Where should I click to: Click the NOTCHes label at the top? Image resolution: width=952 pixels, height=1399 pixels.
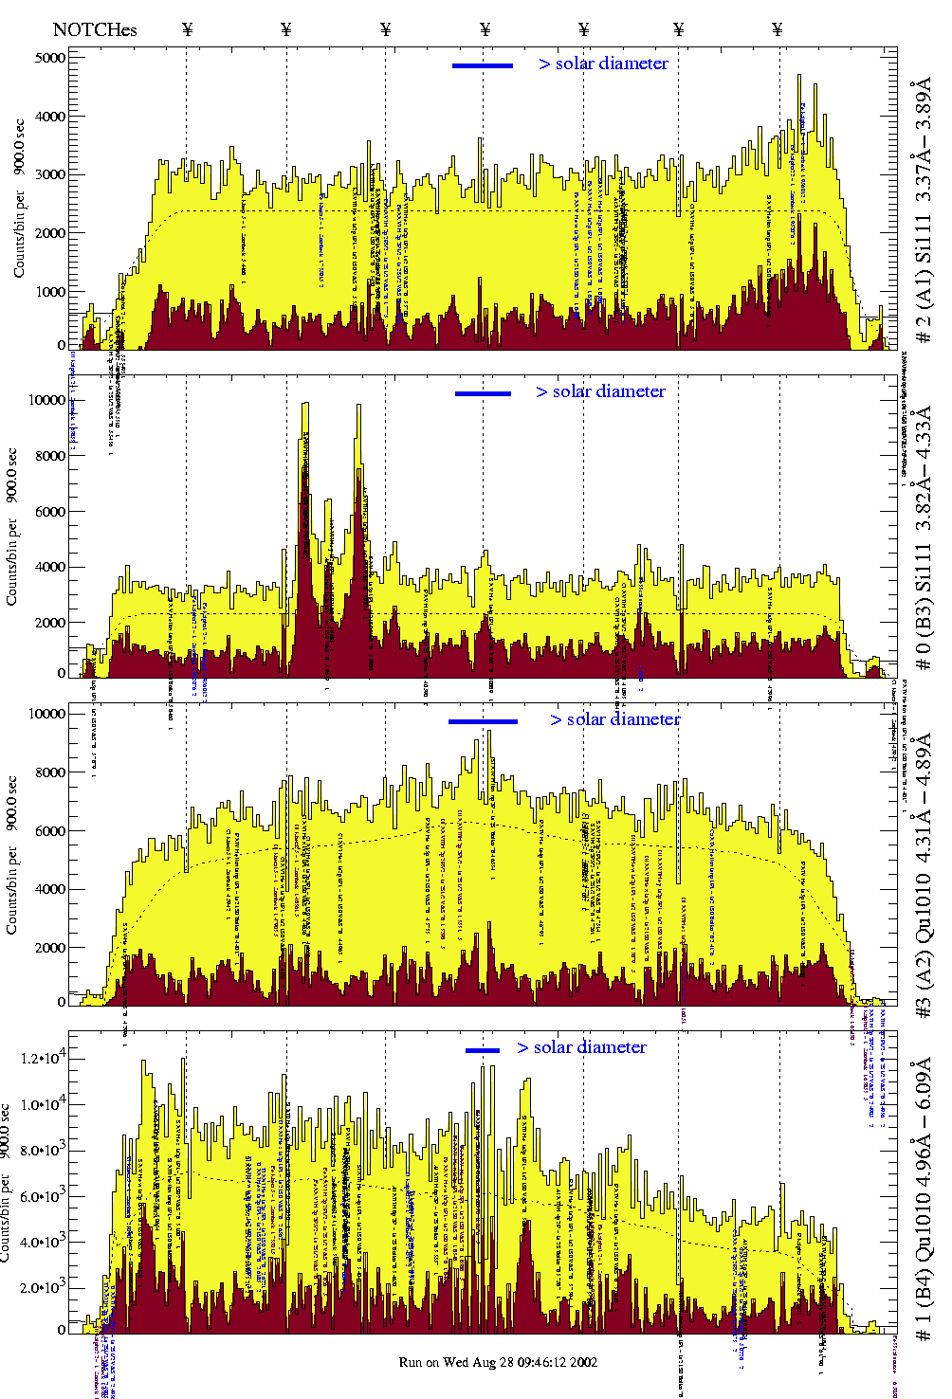95,29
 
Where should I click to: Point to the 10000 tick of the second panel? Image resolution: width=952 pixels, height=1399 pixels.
47,400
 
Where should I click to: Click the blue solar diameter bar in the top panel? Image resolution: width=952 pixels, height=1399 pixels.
483,65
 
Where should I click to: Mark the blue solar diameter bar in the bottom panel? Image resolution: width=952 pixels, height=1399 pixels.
483,1050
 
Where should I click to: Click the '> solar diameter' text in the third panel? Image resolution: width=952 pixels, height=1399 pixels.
615,719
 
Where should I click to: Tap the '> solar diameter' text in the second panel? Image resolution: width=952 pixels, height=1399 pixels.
600,391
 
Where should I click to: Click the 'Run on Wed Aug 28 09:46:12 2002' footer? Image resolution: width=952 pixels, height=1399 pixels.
498,1362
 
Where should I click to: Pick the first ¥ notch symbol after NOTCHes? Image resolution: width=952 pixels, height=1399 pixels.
187,29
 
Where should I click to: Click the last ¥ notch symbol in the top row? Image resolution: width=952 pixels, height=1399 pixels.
778,29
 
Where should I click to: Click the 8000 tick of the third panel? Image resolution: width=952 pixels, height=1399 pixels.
47,772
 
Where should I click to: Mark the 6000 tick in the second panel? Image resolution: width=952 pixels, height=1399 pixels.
50,512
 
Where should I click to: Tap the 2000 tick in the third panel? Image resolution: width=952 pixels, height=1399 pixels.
50,948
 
